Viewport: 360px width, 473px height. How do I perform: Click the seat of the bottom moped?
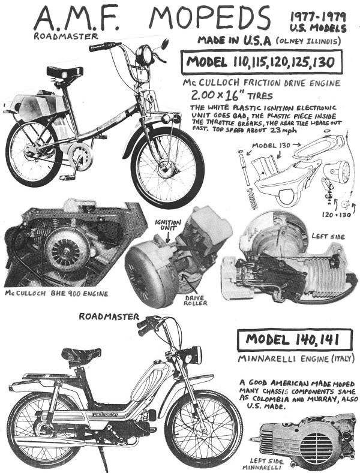tap(81, 354)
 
